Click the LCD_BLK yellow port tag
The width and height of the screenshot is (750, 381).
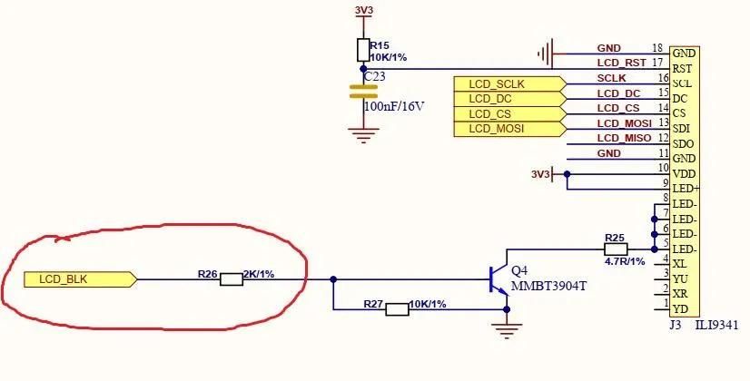coord(80,279)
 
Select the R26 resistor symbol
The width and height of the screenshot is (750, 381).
coord(232,279)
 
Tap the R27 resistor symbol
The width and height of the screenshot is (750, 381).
coord(397,309)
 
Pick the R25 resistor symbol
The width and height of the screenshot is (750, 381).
coord(616,249)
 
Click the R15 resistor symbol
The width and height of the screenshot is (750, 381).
coord(363,50)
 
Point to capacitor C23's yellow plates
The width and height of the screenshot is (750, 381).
coord(363,92)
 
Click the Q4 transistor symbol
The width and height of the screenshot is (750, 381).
coord(498,279)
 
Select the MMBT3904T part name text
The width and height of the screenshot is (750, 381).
coord(548,287)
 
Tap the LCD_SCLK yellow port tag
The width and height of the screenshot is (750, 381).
coord(510,84)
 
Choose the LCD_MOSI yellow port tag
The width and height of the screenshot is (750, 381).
coord(510,129)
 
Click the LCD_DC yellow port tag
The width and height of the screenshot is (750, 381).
coord(510,99)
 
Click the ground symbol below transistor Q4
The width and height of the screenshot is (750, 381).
coord(507,330)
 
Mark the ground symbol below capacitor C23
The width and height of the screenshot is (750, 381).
coord(363,135)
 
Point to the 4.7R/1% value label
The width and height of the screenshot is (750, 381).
coord(624,262)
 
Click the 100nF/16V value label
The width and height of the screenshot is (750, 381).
coord(394,106)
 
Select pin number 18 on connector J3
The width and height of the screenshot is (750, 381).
coord(657,48)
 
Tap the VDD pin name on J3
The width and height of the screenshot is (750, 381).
coord(684,174)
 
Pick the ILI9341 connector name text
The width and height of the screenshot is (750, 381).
coord(716,326)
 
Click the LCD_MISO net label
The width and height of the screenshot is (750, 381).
coord(624,138)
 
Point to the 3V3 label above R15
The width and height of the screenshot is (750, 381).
coord(364,10)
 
